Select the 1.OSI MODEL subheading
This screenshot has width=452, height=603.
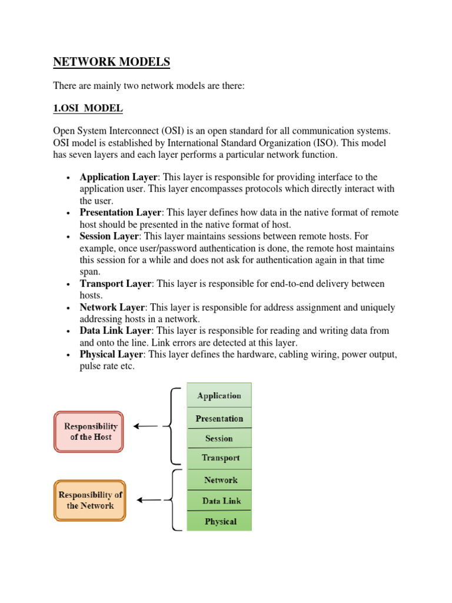click(x=88, y=108)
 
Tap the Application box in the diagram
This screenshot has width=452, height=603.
click(x=219, y=396)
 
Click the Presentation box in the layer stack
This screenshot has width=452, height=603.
click(x=219, y=418)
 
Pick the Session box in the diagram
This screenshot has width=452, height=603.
click(x=219, y=438)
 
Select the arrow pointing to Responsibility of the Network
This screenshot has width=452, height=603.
click(x=148, y=501)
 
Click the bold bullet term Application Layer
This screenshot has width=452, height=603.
click(x=118, y=177)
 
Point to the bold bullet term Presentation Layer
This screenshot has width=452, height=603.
click(x=121, y=213)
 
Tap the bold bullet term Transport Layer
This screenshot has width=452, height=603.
click(x=115, y=284)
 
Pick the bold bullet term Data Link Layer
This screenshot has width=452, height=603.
click(x=115, y=331)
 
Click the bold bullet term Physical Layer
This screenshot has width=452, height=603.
click(x=111, y=354)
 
